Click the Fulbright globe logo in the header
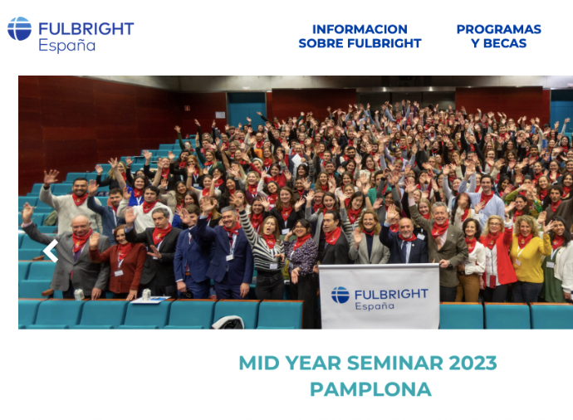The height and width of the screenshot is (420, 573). point(19,28)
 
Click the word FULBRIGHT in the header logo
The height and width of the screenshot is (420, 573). point(86,29)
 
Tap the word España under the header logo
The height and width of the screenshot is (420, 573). point(67,46)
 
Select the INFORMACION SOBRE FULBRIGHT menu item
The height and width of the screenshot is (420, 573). point(360,37)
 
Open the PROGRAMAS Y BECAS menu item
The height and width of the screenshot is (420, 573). point(499,37)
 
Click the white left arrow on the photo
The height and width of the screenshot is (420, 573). point(51,251)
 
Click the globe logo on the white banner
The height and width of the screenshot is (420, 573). point(340,295)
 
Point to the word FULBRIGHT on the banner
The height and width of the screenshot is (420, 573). point(391,294)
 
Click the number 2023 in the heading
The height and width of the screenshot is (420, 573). point(473,363)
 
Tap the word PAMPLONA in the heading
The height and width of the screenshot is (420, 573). point(370,389)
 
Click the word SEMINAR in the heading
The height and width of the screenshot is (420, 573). point(394,363)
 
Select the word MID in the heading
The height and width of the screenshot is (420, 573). point(259,363)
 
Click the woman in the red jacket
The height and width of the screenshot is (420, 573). point(497,256)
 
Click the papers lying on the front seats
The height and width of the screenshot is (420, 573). point(150,300)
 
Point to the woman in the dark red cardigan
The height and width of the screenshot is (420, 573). point(119,261)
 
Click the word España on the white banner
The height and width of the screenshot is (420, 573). point(375,306)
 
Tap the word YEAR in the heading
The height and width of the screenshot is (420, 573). point(313,363)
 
